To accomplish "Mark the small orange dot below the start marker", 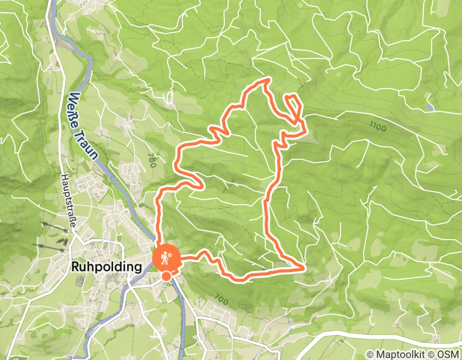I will [x=166, y=277].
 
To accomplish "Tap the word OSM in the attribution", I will [x=449, y=354].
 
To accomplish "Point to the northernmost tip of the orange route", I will [x=268, y=79].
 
